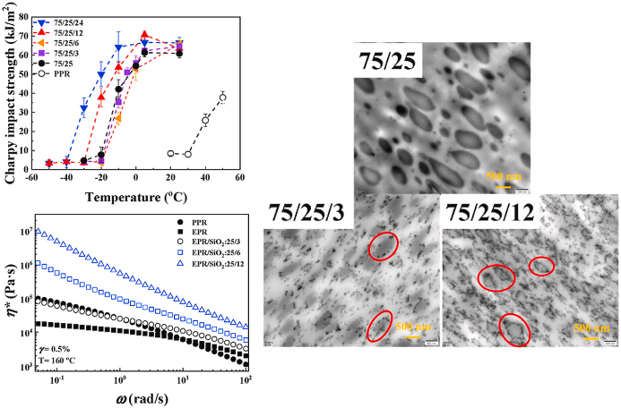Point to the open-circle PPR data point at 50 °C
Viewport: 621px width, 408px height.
point(222,97)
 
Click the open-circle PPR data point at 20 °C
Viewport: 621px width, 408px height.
point(170,153)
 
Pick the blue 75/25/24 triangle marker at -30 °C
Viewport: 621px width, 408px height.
point(83,108)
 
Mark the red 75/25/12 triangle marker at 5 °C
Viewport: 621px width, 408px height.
point(145,35)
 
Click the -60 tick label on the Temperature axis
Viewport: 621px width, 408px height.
point(30,179)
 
